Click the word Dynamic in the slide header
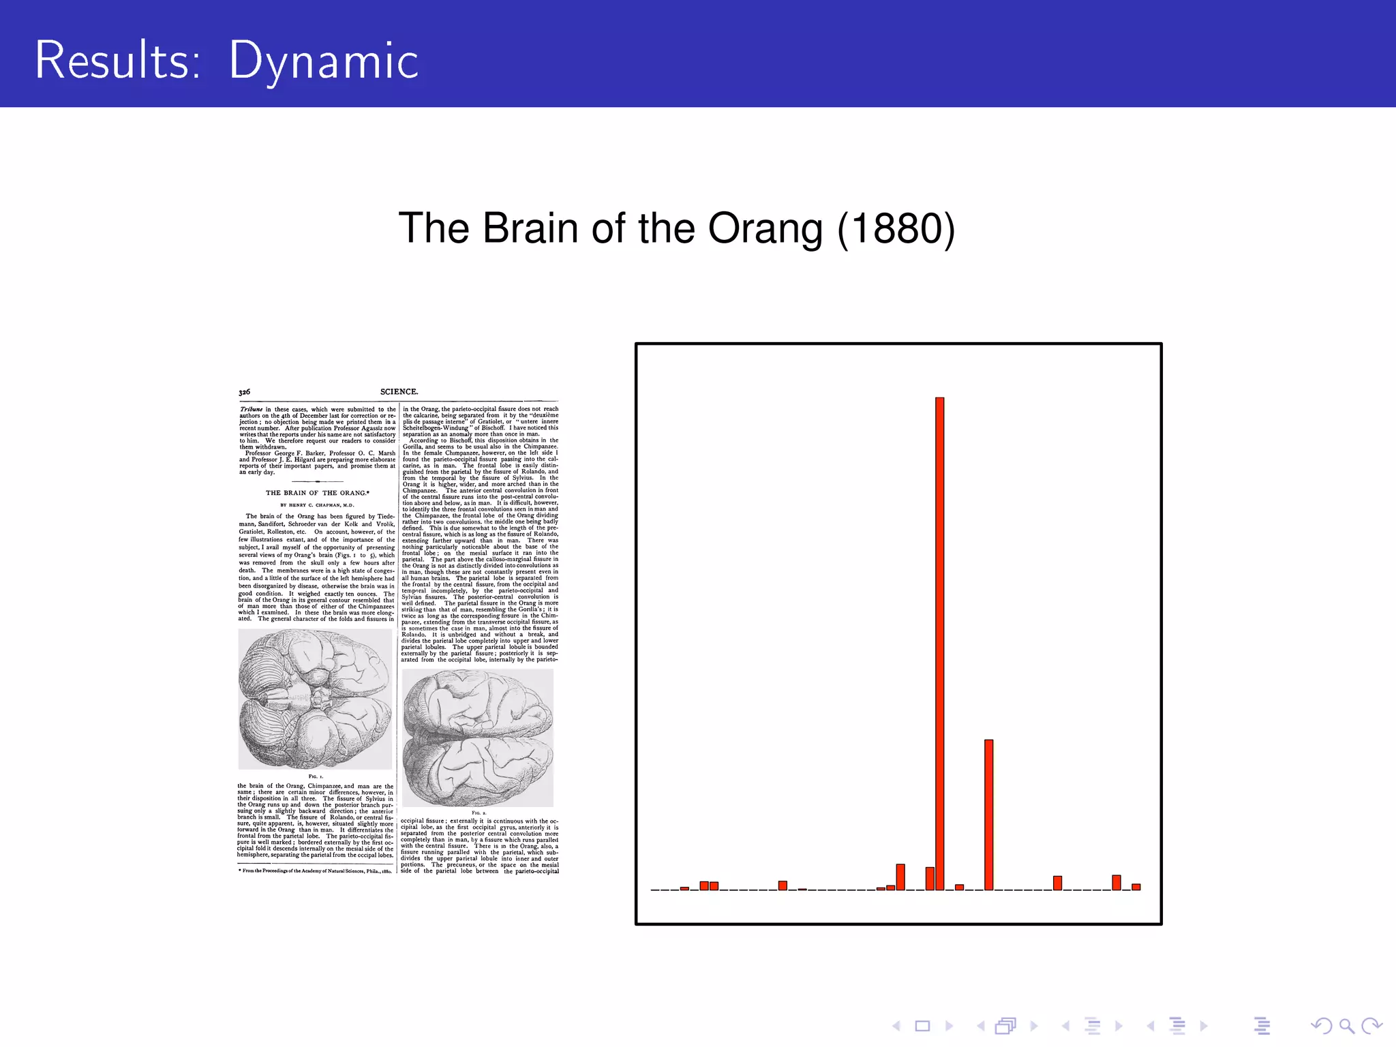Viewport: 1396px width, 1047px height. tap(323, 61)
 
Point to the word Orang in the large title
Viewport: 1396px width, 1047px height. tap(765, 229)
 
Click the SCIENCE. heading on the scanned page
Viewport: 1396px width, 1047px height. tap(399, 392)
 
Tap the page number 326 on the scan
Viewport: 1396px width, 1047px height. tap(244, 392)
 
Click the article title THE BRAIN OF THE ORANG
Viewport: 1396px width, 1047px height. tap(317, 493)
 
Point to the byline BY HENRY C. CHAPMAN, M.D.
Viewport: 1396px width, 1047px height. tap(317, 505)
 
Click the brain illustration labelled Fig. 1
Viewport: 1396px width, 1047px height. tap(315, 699)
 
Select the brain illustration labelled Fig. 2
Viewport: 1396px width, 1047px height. tap(478, 738)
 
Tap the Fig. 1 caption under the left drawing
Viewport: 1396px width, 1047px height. tap(316, 776)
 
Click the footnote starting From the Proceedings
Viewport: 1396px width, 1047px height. tap(316, 870)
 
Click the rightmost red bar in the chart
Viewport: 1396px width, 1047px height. tap(1136, 887)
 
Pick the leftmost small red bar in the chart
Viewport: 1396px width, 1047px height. tap(684, 888)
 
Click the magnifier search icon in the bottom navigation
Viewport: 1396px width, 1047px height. tap(1346, 1026)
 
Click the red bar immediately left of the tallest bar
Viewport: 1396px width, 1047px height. tap(930, 878)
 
